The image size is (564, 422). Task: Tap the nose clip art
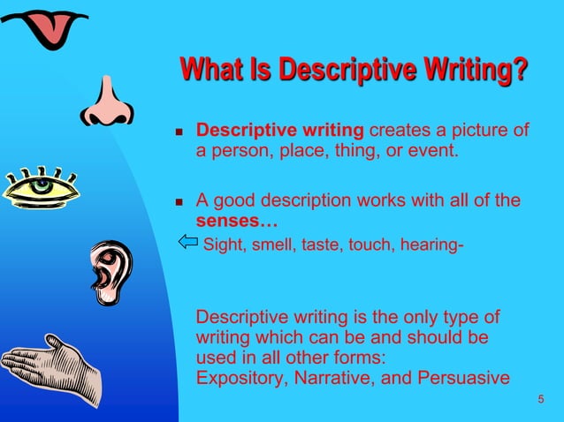[x=108, y=101]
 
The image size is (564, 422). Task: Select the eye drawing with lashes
[x=40, y=188]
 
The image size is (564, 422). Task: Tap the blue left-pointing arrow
[x=187, y=241]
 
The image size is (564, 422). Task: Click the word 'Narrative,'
[x=328, y=378]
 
